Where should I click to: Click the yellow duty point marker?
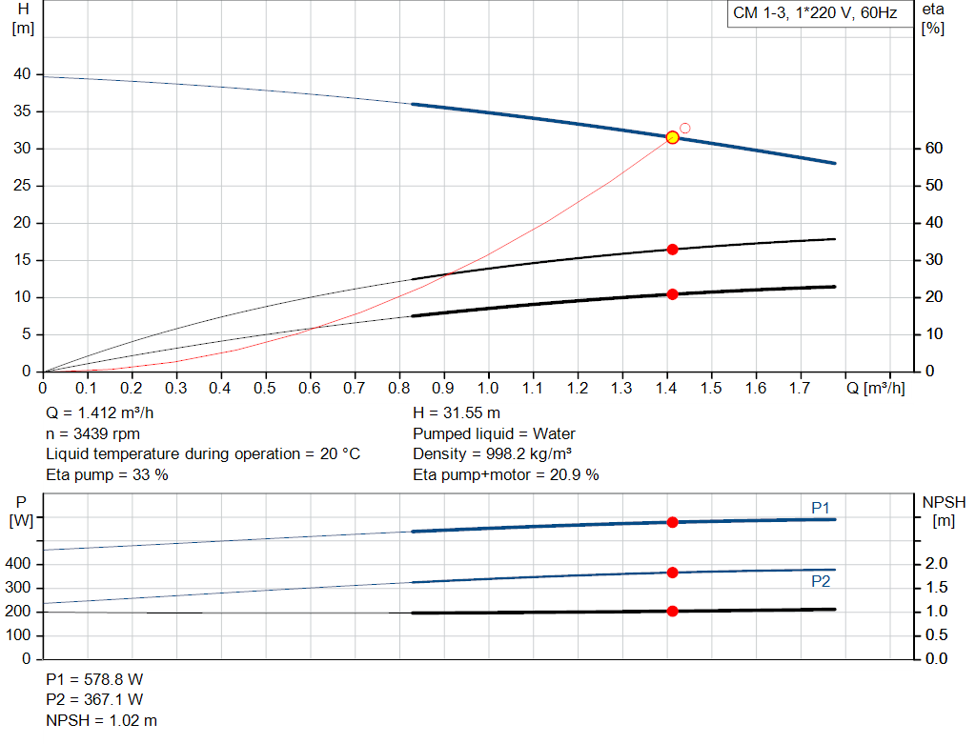point(672,137)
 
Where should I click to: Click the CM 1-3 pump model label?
point(814,13)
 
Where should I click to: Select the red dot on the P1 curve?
point(672,522)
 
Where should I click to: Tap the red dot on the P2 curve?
point(672,573)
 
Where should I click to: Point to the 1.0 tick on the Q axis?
point(488,389)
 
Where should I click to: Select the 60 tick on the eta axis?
point(933,149)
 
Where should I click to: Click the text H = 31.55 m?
point(457,413)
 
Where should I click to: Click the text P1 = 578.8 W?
point(94,680)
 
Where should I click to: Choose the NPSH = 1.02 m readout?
point(102,720)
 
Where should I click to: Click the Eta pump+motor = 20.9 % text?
point(505,474)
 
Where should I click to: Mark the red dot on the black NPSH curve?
point(672,611)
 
